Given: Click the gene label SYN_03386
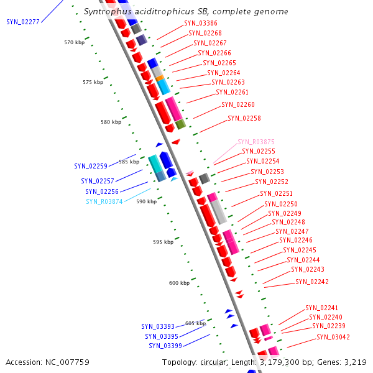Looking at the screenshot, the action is point(201,23).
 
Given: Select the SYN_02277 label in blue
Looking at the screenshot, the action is point(23,22).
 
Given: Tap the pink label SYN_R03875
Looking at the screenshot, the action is point(256,142).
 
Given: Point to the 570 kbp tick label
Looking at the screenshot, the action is point(74,42).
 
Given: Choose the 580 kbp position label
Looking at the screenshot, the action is point(111,122).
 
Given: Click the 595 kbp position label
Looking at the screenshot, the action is point(163,242).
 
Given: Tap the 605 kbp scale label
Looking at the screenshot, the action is point(195,323).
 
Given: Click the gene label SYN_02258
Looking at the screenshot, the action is point(244,118).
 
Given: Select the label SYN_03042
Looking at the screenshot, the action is point(333,337).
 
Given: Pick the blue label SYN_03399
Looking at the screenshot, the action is point(165,346).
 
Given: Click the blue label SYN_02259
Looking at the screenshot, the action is point(91,166).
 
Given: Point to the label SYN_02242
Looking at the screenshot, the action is point(312,282).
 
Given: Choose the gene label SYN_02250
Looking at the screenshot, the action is point(281,204).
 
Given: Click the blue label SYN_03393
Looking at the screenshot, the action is point(158,326).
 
